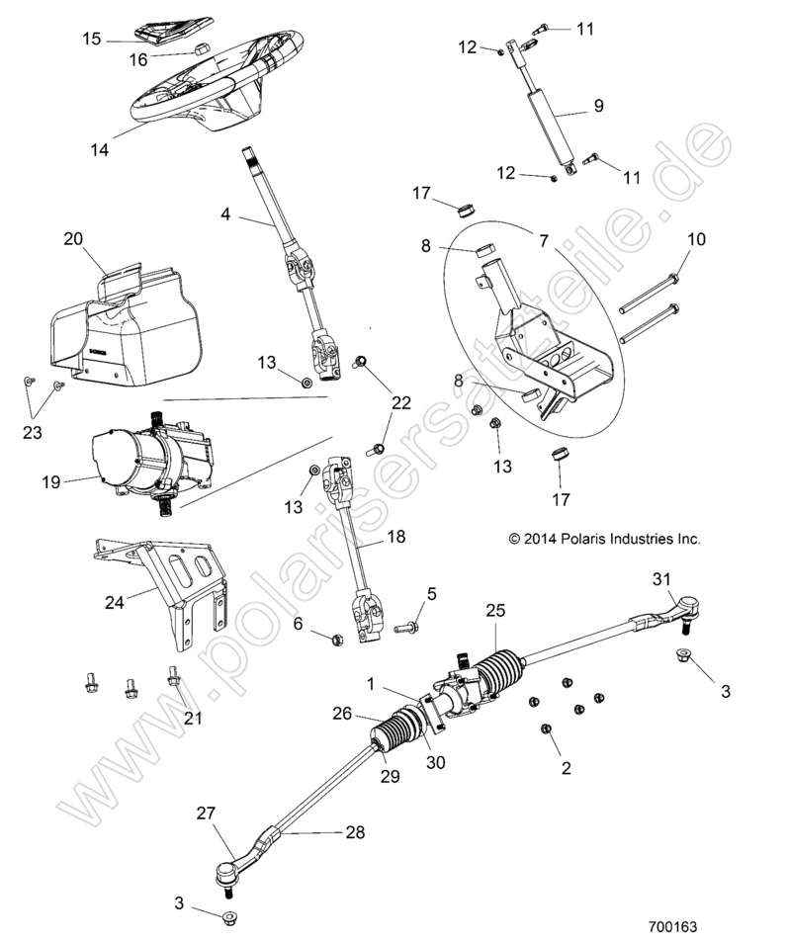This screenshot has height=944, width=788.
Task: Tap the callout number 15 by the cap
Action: click(x=91, y=40)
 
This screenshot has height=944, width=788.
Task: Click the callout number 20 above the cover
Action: click(x=73, y=239)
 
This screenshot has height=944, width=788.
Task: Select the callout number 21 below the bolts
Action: click(x=193, y=718)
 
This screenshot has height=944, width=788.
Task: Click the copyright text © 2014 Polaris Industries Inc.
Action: click(x=603, y=539)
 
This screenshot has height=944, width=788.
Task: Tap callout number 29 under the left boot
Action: click(x=390, y=777)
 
